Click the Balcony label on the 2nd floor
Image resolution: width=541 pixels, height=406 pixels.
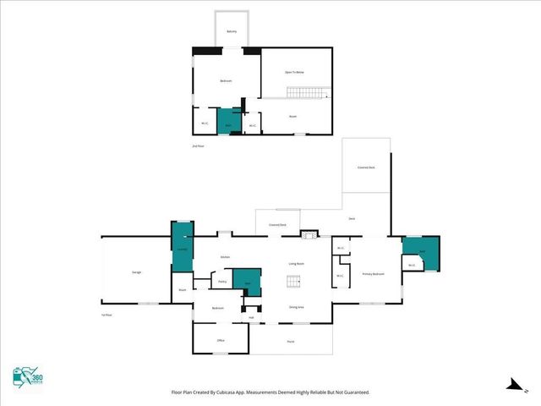tap(232, 32)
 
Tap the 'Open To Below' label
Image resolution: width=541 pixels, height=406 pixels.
tap(293, 72)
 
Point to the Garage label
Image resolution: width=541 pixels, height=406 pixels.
tap(136, 272)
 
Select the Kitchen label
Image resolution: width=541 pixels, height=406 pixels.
tap(226, 256)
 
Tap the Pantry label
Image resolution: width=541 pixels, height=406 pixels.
tap(221, 282)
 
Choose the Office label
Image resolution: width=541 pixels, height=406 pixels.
tap(220, 340)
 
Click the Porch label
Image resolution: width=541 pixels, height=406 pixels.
tap(290, 341)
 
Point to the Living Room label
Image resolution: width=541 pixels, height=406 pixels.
tap(296, 264)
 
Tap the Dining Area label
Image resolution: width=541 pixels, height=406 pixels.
tap(297, 307)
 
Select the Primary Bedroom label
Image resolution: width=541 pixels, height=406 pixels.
tap(374, 274)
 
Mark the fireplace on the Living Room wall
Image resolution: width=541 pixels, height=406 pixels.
tap(309, 233)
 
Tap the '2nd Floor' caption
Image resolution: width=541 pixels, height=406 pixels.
tap(199, 146)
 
